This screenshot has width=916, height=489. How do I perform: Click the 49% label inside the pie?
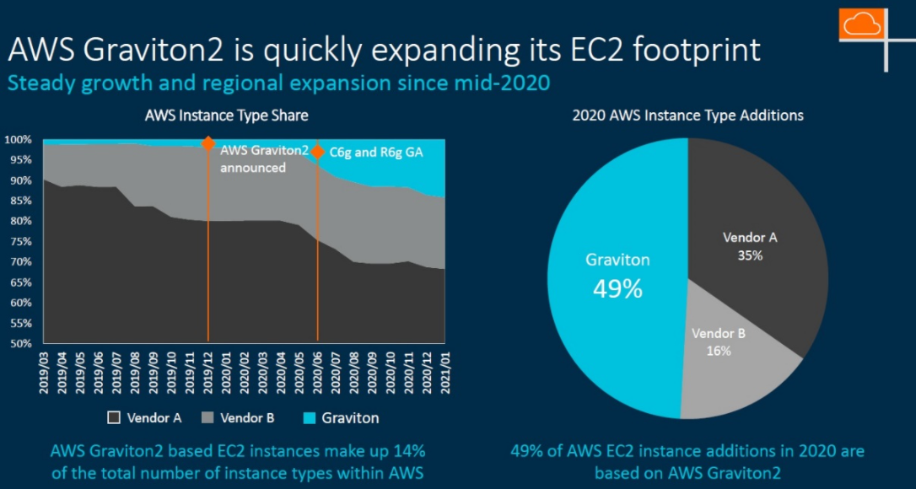click(x=617, y=289)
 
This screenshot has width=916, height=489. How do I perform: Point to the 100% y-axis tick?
click(x=18, y=139)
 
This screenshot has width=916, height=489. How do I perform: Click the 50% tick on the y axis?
click(x=20, y=343)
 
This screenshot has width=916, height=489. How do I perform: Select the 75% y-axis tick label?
click(x=20, y=241)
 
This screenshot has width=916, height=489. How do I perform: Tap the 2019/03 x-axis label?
click(x=45, y=372)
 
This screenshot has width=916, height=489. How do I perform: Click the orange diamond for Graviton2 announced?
click(x=207, y=143)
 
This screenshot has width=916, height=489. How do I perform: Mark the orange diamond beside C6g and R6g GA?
click(x=317, y=152)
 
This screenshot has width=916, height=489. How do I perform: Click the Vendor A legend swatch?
click(x=111, y=417)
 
